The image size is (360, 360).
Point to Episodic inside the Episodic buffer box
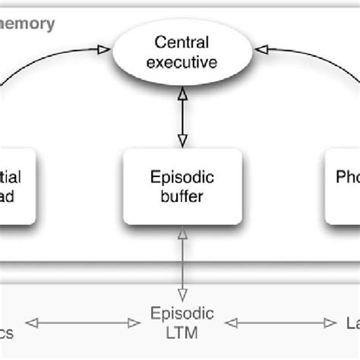coord(182,177)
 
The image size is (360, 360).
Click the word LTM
coord(182,331)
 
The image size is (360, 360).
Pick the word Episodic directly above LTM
coord(182,314)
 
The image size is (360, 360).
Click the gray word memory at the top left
coord(27,24)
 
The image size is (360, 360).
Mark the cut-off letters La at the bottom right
coord(351,324)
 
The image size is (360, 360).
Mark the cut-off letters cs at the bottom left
coord(8,332)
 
